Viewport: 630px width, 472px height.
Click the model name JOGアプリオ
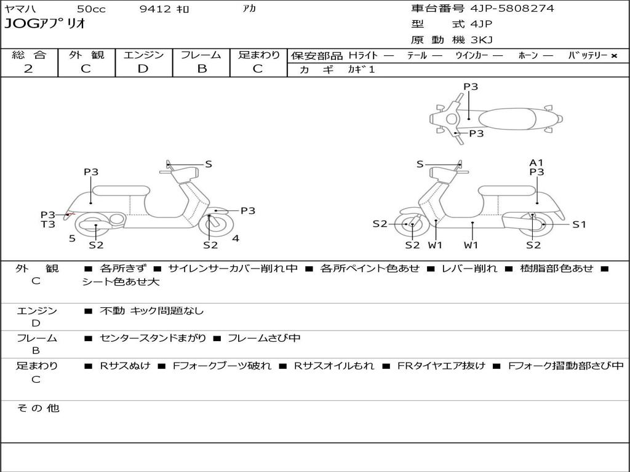(x=45, y=24)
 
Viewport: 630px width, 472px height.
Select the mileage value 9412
(x=156, y=9)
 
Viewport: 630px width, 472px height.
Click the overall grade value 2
(x=28, y=69)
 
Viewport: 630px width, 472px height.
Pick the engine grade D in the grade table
(x=143, y=69)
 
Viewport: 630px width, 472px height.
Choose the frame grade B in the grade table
(x=201, y=69)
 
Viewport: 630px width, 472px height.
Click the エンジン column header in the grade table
(x=143, y=55)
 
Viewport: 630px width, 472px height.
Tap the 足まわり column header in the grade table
(x=259, y=55)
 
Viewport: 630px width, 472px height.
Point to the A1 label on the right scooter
(x=536, y=163)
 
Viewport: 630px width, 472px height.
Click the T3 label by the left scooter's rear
(x=48, y=224)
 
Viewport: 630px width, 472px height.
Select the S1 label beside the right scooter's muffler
(x=579, y=224)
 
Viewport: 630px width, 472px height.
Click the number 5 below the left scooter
(x=72, y=238)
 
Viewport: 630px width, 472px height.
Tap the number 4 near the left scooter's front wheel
(x=236, y=238)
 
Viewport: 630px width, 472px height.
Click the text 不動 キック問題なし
(x=151, y=311)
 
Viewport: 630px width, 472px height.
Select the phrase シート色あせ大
(x=121, y=282)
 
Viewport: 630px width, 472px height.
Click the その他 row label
(x=38, y=408)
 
